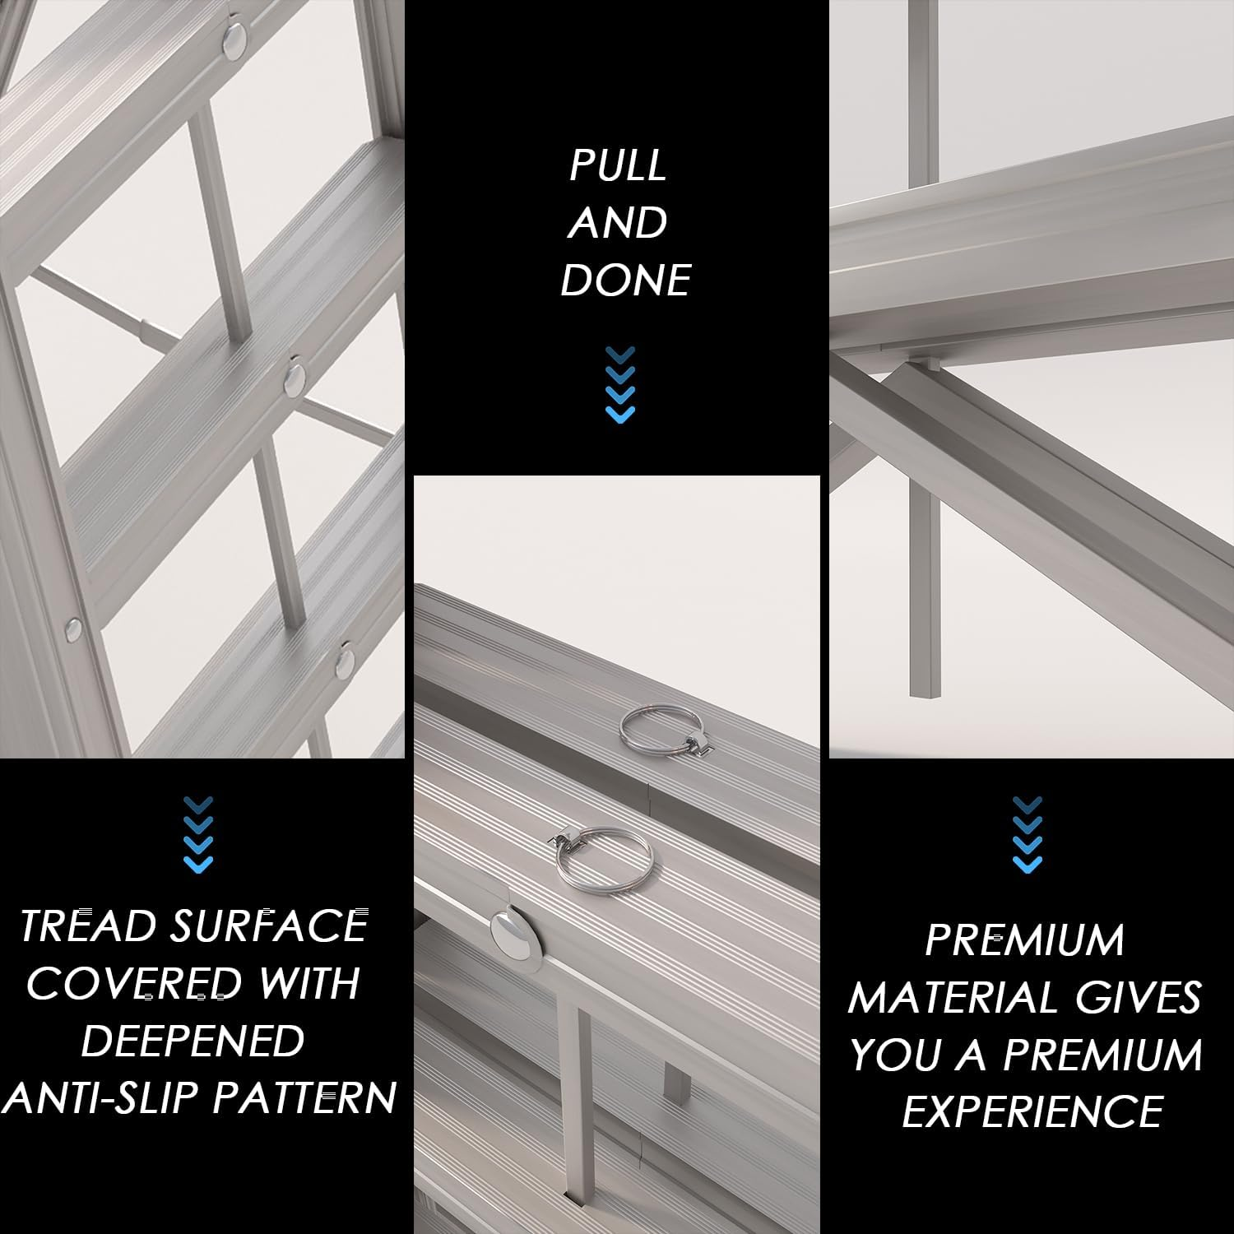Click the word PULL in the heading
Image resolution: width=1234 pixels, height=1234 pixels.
point(618,166)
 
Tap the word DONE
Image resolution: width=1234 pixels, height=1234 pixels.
point(625,281)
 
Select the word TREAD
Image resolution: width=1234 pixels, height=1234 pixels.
point(88,926)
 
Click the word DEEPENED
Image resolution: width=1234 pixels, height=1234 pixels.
point(193,1041)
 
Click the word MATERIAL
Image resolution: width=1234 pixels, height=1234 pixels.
point(953,998)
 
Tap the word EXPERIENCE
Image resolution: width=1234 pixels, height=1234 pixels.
point(1032,1112)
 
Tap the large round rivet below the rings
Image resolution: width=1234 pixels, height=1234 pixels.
point(510,932)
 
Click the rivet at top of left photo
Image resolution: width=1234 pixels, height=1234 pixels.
point(237,36)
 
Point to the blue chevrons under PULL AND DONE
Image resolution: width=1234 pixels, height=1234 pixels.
point(620,384)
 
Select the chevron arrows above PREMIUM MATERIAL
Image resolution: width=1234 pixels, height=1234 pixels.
point(1028,833)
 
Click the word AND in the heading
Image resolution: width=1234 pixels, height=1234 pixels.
point(618,224)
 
